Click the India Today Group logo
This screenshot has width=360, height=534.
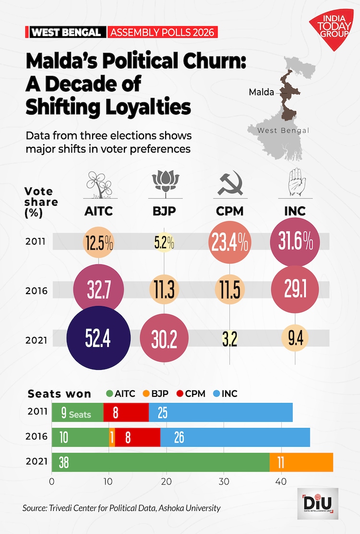[x=330, y=29]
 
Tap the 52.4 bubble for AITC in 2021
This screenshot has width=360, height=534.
[x=98, y=338]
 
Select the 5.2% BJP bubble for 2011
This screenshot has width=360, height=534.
[x=164, y=242]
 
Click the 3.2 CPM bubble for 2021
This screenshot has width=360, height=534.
[x=229, y=339]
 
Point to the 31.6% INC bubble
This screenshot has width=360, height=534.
[x=295, y=242]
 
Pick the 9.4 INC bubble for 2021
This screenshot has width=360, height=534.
[x=295, y=338]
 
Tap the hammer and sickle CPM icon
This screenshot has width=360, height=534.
[x=230, y=184]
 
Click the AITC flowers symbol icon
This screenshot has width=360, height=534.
[x=99, y=185]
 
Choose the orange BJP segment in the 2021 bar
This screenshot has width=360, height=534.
[x=301, y=462]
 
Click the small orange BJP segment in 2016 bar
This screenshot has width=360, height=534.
[x=112, y=437]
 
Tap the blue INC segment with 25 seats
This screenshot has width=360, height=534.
[x=221, y=412]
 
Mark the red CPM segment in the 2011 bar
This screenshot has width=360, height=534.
[x=126, y=412]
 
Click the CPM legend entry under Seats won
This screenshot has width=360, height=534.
[x=191, y=394]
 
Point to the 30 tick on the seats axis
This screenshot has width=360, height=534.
[x=224, y=482]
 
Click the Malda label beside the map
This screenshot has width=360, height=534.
[x=261, y=92]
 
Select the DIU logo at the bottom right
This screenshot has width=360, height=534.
[x=318, y=504]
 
